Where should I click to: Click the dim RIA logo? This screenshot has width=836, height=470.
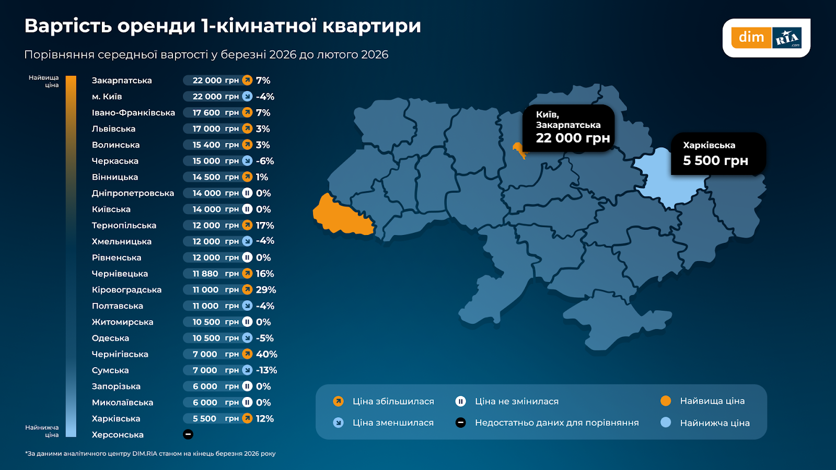(x=766, y=38)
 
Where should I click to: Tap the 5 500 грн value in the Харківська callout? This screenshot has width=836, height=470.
(x=715, y=161)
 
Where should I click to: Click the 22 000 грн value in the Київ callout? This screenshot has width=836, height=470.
(x=573, y=138)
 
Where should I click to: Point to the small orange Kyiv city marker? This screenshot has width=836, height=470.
(x=519, y=150)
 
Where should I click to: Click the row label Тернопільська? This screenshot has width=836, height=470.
(x=124, y=226)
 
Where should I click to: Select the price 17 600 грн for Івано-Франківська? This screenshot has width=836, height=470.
(x=215, y=113)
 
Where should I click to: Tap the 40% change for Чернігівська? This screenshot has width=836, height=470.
(x=266, y=354)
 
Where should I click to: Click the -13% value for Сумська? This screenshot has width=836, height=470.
(x=266, y=370)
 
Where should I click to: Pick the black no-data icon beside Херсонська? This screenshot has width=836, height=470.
(x=188, y=434)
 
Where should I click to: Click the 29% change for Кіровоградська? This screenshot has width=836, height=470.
(x=265, y=290)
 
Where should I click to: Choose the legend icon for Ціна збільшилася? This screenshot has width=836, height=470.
(x=338, y=401)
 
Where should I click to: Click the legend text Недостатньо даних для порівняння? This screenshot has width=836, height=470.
(x=556, y=422)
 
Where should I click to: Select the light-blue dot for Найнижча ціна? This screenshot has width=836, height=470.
(x=665, y=422)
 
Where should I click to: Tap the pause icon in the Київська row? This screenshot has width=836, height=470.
(x=247, y=209)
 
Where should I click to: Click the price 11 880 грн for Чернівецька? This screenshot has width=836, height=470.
(x=215, y=274)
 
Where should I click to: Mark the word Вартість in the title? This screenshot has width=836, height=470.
(x=68, y=26)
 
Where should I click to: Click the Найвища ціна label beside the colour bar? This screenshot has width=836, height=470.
(x=44, y=81)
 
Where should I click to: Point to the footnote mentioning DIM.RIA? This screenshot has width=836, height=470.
(x=150, y=453)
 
